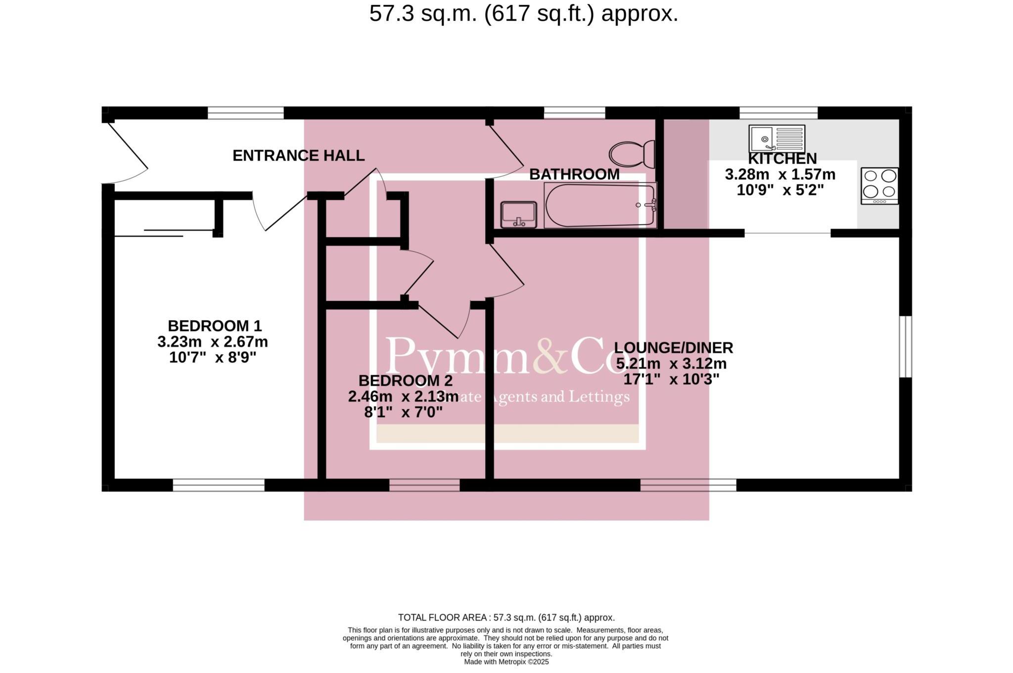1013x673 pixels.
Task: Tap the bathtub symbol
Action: [600, 205]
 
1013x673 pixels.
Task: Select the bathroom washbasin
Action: [518, 215]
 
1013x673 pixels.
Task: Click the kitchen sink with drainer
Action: [777, 138]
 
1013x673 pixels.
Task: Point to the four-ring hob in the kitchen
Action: [879, 186]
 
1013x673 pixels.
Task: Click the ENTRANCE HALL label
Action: [298, 156]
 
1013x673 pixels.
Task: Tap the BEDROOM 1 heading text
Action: [215, 326]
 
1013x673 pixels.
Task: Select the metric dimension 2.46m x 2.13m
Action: [403, 396]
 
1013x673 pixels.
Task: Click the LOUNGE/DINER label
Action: [673, 348]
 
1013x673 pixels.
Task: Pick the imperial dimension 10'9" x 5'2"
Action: [780, 190]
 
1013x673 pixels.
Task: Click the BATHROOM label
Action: [574, 174]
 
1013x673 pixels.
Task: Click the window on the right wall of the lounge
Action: [905, 346]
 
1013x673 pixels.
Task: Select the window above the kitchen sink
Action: [778, 113]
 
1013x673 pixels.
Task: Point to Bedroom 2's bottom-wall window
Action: [424, 485]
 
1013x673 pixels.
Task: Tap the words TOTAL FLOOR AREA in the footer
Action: [443, 618]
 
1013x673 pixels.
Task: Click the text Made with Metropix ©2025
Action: [506, 662]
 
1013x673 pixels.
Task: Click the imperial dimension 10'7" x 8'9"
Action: [213, 357]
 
